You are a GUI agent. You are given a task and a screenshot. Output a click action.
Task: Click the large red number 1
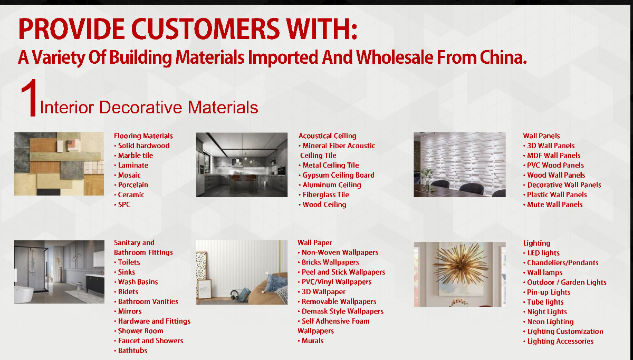coord(29,98)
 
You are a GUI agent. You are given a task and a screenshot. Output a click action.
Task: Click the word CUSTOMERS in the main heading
coord(205,29)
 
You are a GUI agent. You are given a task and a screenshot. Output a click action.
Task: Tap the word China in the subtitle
coord(503,57)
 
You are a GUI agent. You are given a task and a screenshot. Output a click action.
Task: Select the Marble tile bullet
coord(133,155)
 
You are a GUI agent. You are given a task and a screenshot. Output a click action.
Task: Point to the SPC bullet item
coord(122,205)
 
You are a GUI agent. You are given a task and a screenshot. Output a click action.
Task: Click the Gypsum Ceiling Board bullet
coord(337,175)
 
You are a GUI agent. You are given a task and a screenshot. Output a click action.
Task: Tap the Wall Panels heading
coord(541,136)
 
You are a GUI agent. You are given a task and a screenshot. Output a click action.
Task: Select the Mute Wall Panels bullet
coord(553,205)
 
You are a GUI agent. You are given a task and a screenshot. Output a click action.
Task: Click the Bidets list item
coord(126,291)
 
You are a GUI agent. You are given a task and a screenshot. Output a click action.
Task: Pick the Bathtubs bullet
coord(131,351)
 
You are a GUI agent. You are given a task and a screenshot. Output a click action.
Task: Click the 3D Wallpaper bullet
coord(322,291)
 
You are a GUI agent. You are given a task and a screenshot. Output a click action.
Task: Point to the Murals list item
coord(311,341)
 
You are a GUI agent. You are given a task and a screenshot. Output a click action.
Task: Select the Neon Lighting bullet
coord(549,322)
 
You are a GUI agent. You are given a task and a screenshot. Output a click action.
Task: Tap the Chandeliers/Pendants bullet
coord(561,263)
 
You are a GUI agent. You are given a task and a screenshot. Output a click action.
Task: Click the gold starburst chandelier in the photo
coord(461,264)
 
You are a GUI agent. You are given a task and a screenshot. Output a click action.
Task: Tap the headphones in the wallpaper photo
coord(235,295)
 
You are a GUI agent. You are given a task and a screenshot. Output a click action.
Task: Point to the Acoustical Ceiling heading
coord(327,136)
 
